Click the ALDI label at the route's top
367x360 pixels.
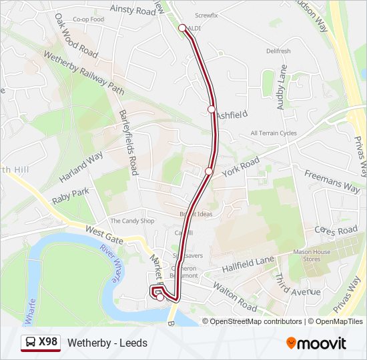pyautogui.click(x=194, y=28)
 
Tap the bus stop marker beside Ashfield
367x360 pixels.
pyautogui.click(x=212, y=109)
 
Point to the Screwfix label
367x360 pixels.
pyautogui.click(x=207, y=14)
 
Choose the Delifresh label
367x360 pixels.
pyautogui.click(x=278, y=51)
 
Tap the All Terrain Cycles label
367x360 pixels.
pyautogui.click(x=274, y=133)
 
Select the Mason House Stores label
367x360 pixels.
pyautogui.click(x=313, y=256)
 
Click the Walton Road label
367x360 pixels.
pyautogui.click(x=234, y=297)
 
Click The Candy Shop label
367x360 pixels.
pyautogui.click(x=132, y=221)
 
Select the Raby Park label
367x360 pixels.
pyautogui.click(x=70, y=196)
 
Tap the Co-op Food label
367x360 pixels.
pyautogui.click(x=89, y=19)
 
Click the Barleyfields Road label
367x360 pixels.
pyautogui.click(x=127, y=142)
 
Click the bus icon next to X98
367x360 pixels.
pyautogui.click(x=30, y=343)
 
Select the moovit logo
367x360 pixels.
pyautogui.click(x=316, y=343)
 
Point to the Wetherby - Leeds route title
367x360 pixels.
pyautogui.click(x=107, y=343)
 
